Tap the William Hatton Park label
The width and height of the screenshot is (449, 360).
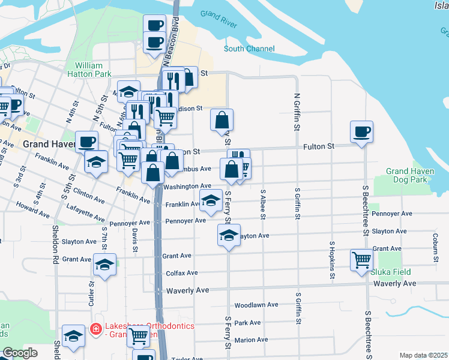94,69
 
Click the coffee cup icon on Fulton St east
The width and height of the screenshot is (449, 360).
361,132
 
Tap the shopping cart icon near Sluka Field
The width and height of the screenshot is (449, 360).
362,261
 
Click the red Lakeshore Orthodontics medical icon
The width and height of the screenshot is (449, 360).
95,328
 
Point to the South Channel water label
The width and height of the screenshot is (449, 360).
249,49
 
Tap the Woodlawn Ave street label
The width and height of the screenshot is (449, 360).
256,305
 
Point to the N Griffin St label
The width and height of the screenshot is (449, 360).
297,112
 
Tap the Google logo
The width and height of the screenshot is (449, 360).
20,353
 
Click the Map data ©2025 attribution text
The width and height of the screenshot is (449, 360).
423,355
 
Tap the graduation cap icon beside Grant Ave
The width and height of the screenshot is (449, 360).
105,265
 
